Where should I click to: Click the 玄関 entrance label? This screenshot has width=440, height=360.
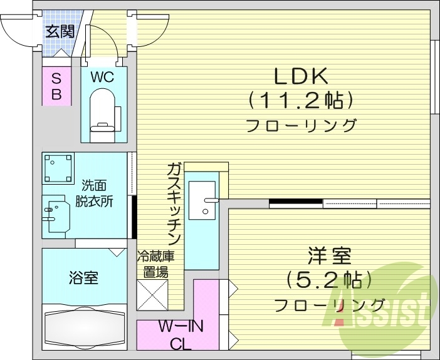[60, 31]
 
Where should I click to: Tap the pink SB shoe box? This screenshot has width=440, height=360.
[56, 86]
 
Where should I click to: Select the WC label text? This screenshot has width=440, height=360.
[102, 78]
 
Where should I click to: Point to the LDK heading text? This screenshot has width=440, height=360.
[300, 76]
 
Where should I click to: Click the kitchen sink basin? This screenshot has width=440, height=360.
[202, 200]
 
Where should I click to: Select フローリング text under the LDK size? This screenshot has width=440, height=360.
[301, 125]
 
